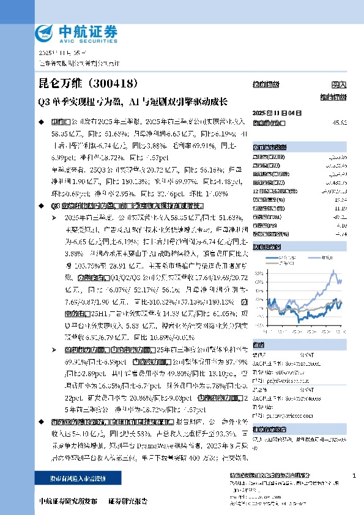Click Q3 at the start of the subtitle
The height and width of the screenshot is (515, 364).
pyautogui.click(x=44, y=101)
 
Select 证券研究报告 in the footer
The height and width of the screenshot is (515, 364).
pyautogui.click(x=127, y=502)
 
